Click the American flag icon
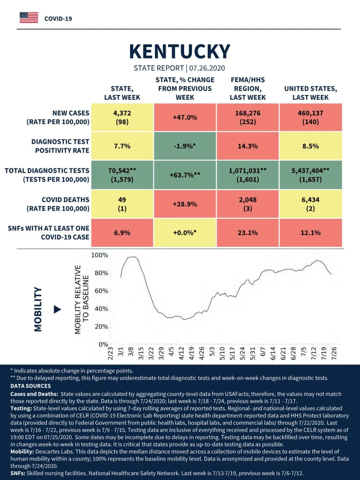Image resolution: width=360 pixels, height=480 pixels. pos(29,18)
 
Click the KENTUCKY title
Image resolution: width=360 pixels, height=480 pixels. pos(180,52)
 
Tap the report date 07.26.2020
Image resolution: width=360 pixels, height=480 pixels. pos(207,68)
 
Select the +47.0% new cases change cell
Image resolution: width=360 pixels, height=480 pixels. pos(185,117)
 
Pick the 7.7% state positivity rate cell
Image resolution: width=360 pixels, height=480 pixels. pos(122,146)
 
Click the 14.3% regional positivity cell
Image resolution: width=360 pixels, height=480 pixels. pos(248,146)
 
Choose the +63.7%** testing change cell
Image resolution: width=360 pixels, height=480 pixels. pos(185,175)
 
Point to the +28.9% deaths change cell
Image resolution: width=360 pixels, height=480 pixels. pos(185,204)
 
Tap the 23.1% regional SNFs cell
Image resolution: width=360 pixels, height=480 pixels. pos(248,232)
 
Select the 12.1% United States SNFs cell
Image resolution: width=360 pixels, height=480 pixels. pos(311,232)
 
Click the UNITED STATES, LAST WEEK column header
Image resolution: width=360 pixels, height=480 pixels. pos(311,93)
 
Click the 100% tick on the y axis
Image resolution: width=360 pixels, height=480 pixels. pos(100,255)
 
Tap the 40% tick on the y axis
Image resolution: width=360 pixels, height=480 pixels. pos(101,309)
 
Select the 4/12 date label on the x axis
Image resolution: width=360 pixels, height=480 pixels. pos(181,353)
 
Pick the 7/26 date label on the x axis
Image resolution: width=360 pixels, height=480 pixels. pos(334,353)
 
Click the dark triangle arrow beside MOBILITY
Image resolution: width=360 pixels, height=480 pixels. pos(57,309)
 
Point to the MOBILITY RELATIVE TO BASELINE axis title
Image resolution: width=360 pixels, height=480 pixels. pos(82,300)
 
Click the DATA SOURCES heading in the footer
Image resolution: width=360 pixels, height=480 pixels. pos(31,386)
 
